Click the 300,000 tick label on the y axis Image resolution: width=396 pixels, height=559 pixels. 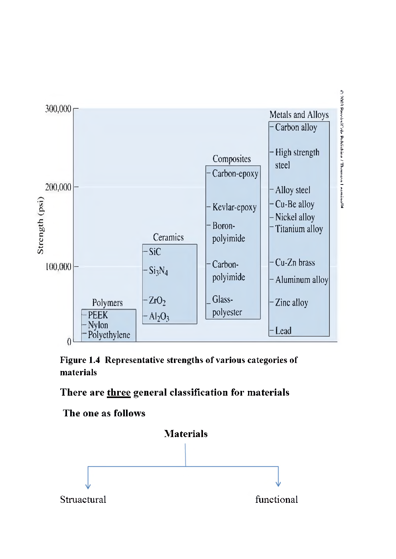point(58,109)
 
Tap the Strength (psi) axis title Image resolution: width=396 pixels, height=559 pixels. point(40,226)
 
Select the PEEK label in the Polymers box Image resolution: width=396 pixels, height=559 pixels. point(98,315)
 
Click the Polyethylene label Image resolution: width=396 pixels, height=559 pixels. point(109,335)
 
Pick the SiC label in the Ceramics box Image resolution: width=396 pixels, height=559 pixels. point(155,252)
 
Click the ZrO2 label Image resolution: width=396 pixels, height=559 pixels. point(157,301)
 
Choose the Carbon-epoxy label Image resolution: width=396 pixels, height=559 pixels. point(235,174)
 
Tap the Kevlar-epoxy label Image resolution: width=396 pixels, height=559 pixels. point(234,207)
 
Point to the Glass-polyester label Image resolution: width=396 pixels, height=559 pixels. point(227,306)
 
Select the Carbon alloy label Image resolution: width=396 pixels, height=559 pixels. point(296,127)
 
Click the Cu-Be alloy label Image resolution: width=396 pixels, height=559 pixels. point(295,204)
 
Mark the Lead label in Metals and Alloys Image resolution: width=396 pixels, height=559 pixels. point(283,331)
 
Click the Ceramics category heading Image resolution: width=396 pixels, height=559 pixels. point(168,237)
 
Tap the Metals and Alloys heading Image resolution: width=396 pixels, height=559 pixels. point(299,115)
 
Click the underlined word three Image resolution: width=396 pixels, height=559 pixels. point(119,392)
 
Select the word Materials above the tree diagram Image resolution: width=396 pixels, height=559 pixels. point(186,434)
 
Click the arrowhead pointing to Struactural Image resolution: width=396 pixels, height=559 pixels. point(88,486)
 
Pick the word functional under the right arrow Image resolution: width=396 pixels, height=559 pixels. point(276,500)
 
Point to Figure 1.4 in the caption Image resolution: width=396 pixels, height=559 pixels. point(80,360)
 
